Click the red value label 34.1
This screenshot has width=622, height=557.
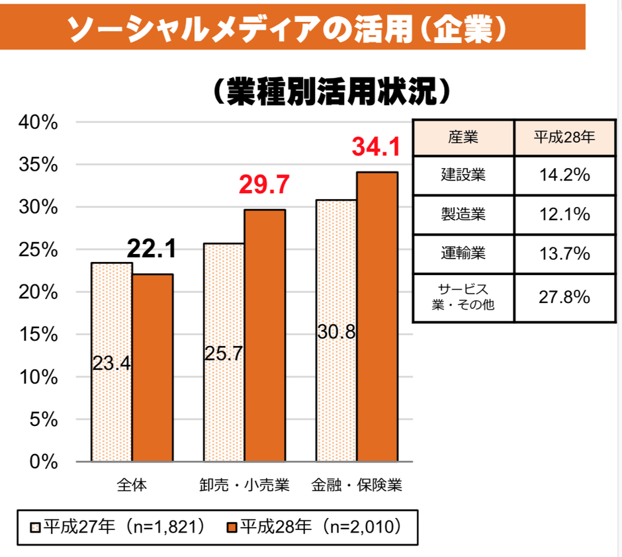[x=376, y=147]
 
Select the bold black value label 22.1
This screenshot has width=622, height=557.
[x=152, y=249]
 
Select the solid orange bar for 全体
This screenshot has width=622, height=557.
[x=152, y=367]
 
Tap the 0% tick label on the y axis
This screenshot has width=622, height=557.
[x=44, y=462]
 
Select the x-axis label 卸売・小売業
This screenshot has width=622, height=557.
[x=244, y=486]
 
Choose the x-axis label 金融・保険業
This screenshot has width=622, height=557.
[x=357, y=486]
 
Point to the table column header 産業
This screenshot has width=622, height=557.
[x=463, y=138]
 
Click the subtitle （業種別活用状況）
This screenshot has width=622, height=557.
[x=331, y=93]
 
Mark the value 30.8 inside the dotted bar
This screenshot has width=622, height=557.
[x=336, y=331]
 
